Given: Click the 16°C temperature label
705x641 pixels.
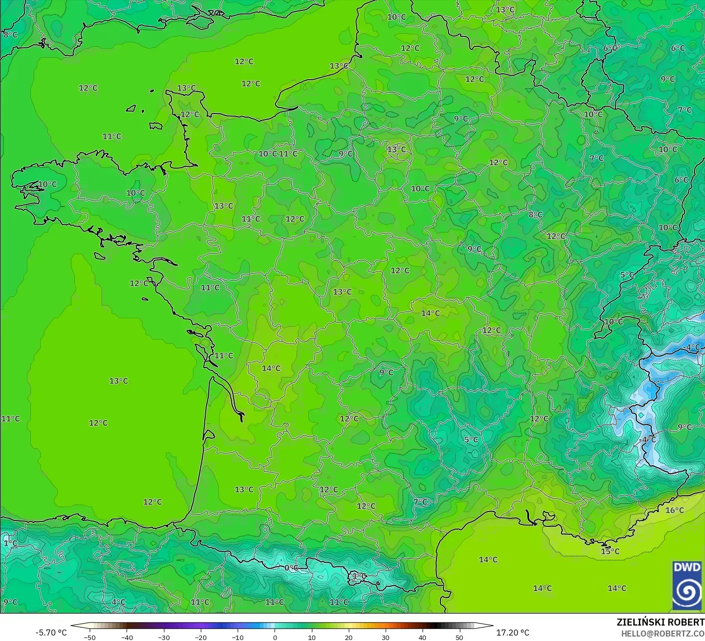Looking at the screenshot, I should coord(675,510).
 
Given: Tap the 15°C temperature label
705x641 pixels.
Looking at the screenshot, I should coord(610,551).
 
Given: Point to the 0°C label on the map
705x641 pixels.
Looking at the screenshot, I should coord(291,568).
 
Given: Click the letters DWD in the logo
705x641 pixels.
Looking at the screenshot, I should coord(687,567).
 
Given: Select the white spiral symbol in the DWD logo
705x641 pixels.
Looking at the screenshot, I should coord(687,592).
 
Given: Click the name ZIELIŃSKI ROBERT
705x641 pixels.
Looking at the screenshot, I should coord(660,622).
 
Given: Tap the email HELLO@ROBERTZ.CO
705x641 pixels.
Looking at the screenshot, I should coord(663,634).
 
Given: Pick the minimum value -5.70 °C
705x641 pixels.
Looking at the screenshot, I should coord(51,633).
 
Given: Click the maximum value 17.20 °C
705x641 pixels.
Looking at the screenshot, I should coord(512,633).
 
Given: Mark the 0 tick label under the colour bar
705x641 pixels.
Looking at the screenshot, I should coord(275,637).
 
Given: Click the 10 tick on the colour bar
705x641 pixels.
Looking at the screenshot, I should coord(311,637).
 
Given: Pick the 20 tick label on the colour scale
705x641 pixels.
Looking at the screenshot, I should coord(348,637).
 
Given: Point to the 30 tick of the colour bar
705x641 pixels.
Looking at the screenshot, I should coord(385,637).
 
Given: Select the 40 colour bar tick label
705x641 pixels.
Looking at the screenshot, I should coord(422,637).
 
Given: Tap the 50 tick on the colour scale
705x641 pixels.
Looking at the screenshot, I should coord(459,637).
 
